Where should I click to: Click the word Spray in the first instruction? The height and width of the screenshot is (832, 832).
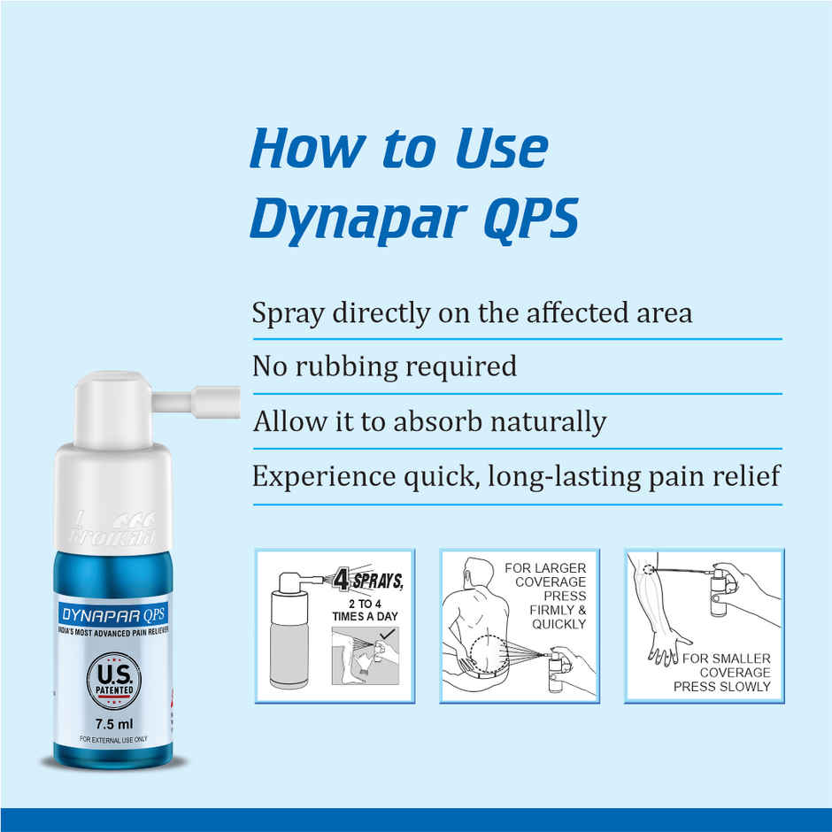[x=285, y=314]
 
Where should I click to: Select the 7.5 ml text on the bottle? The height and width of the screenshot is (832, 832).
[x=113, y=722]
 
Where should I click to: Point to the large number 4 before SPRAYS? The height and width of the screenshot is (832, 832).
[x=341, y=581]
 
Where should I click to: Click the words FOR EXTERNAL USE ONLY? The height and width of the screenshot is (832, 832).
[x=113, y=739]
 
